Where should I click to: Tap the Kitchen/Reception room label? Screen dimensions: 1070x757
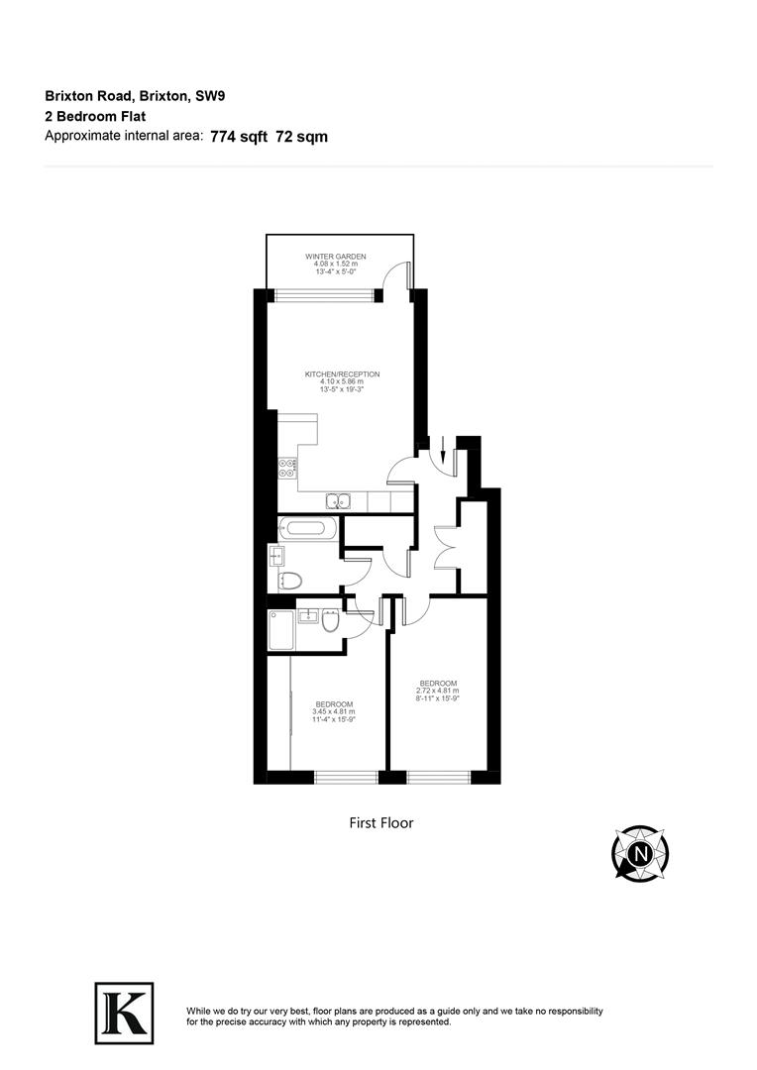pos(342,374)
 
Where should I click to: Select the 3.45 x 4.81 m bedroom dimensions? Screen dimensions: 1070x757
pos(333,711)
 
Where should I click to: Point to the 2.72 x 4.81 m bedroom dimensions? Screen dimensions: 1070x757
pos(438,691)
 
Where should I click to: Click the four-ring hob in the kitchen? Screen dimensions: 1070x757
pos(287,469)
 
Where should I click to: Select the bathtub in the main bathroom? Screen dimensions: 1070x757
pos(308,527)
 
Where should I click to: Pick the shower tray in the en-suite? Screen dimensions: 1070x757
pos(279,629)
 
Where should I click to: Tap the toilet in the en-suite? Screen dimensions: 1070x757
pos(329,622)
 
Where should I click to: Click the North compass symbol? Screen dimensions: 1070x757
pos(640,852)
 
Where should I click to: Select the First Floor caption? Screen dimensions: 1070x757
pos(380,822)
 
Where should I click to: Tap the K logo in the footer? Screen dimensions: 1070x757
pos(124,1012)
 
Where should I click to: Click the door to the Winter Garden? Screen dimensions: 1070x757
pos(399,276)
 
